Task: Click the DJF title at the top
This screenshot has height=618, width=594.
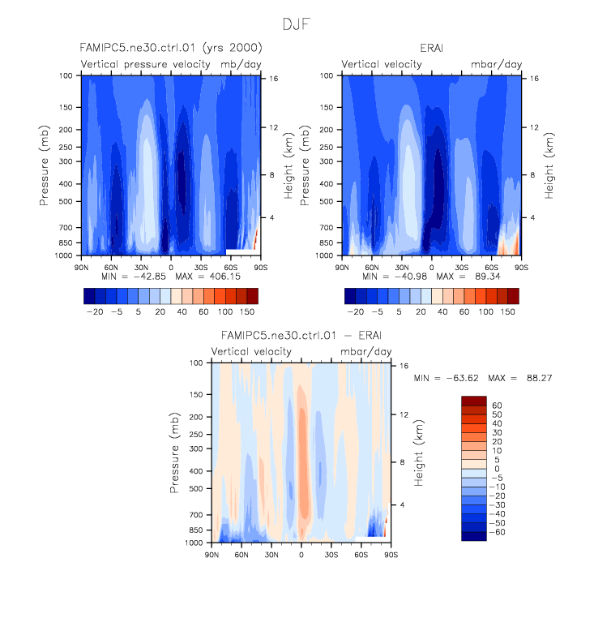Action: click(x=297, y=24)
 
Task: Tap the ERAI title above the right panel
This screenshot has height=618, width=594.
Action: click(x=430, y=48)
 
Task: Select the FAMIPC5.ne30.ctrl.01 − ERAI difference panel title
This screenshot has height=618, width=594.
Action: click(x=301, y=335)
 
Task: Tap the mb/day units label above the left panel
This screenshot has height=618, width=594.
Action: click(x=238, y=64)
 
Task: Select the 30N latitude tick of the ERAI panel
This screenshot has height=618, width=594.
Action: click(x=401, y=266)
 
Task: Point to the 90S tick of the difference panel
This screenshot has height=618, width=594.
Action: click(x=391, y=554)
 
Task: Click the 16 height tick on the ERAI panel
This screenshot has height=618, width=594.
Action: click(x=534, y=79)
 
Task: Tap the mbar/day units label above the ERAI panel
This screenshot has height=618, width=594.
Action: click(x=497, y=64)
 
